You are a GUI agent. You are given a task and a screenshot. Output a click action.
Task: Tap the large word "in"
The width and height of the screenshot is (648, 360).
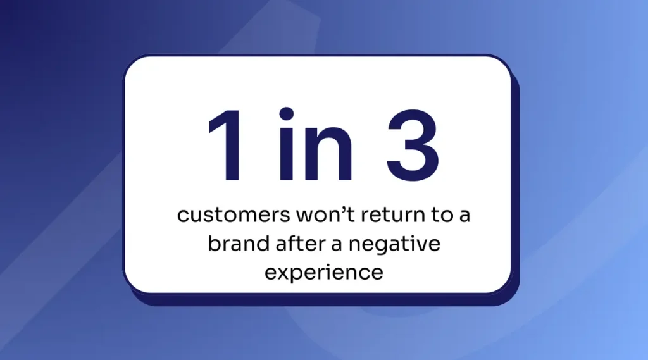316,144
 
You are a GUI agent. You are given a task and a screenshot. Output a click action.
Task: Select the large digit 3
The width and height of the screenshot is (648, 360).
413,146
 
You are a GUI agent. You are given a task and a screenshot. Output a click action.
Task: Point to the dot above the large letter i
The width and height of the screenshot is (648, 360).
287,114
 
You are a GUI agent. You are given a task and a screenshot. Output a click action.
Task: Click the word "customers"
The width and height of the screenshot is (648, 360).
234,215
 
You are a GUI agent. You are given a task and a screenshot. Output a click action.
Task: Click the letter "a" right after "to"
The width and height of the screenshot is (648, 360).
464,216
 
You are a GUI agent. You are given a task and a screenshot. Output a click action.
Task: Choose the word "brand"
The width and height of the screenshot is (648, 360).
239,243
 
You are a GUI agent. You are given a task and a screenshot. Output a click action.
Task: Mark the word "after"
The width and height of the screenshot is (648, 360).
303,243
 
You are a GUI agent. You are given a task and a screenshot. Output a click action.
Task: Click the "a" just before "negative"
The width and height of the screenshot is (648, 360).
337,245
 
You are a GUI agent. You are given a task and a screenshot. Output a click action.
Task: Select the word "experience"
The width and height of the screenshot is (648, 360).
324,273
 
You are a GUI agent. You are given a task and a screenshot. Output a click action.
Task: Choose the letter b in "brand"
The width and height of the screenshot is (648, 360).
215,243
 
